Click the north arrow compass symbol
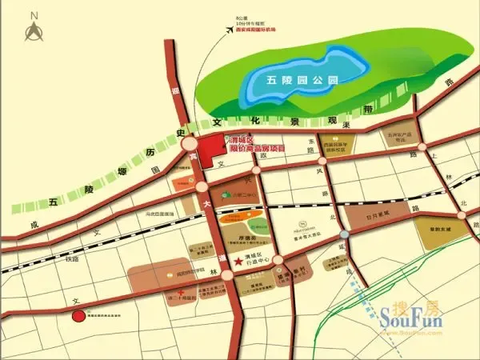point(34,33)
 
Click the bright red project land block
point(213,150)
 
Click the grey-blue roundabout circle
point(343,234)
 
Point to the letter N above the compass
point(34,14)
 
